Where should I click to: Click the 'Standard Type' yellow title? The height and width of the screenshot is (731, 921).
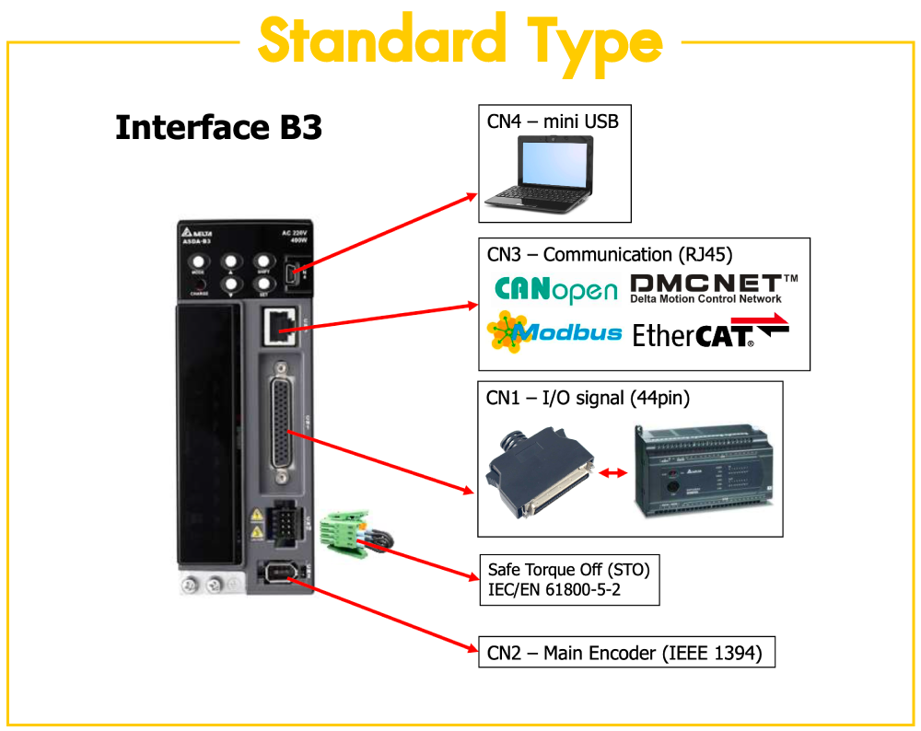point(460,41)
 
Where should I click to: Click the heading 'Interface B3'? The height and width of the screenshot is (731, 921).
point(218,127)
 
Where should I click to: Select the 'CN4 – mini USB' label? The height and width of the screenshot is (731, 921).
point(553,121)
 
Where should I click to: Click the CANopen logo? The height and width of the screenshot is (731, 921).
point(555,289)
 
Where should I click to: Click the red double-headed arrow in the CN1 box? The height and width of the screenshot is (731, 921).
point(612,472)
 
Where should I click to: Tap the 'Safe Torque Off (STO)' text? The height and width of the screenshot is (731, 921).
point(568,570)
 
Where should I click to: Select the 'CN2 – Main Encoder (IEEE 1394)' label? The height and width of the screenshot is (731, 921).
point(624,654)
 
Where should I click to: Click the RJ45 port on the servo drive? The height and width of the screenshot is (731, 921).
point(279,323)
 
